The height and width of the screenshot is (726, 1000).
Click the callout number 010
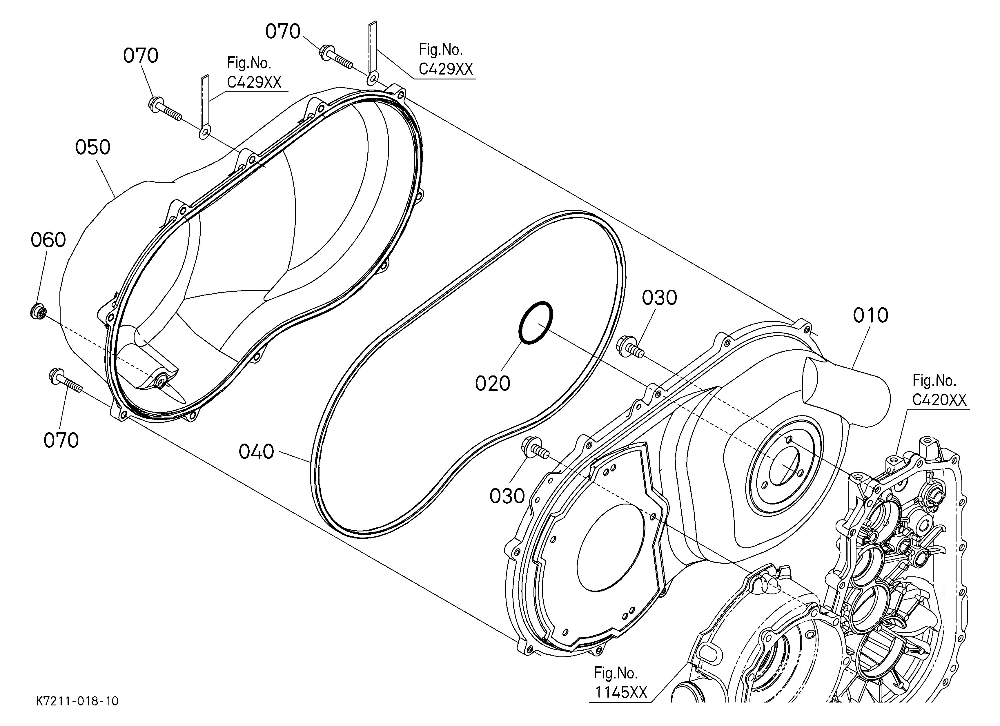[x=870, y=316]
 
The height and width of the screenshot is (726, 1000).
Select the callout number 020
[x=493, y=384]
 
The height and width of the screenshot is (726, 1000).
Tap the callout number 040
[x=256, y=452]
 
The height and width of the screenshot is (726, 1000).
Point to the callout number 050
[x=92, y=148]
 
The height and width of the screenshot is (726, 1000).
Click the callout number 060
[x=48, y=240]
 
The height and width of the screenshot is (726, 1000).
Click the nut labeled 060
[x=38, y=311]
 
